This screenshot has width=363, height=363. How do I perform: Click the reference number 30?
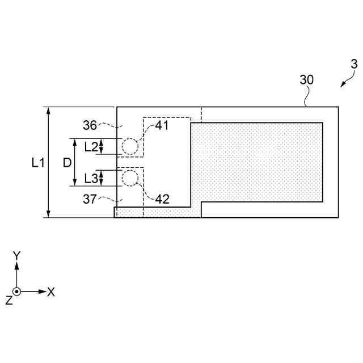coord(306,80)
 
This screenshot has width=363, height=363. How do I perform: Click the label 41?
coord(162,126)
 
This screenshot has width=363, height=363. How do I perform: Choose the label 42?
coord(162,199)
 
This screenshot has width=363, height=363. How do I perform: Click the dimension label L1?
coord(37,163)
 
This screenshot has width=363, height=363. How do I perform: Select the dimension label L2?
coord(90,147)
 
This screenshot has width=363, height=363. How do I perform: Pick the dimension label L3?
coord(90,178)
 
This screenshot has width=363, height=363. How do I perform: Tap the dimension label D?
coord(67,163)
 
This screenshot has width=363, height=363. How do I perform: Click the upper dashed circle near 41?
coord(130,147)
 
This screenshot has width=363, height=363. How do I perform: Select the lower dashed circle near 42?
coord(130,178)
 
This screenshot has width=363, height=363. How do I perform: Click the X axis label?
coord(51,292)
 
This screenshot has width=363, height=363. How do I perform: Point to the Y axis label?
coord(17,256)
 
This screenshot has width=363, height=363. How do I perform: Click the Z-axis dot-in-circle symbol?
coord(17,292)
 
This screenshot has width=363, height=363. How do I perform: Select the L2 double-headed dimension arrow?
coord(102,147)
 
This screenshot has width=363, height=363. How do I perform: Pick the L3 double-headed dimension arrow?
coord(102,178)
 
